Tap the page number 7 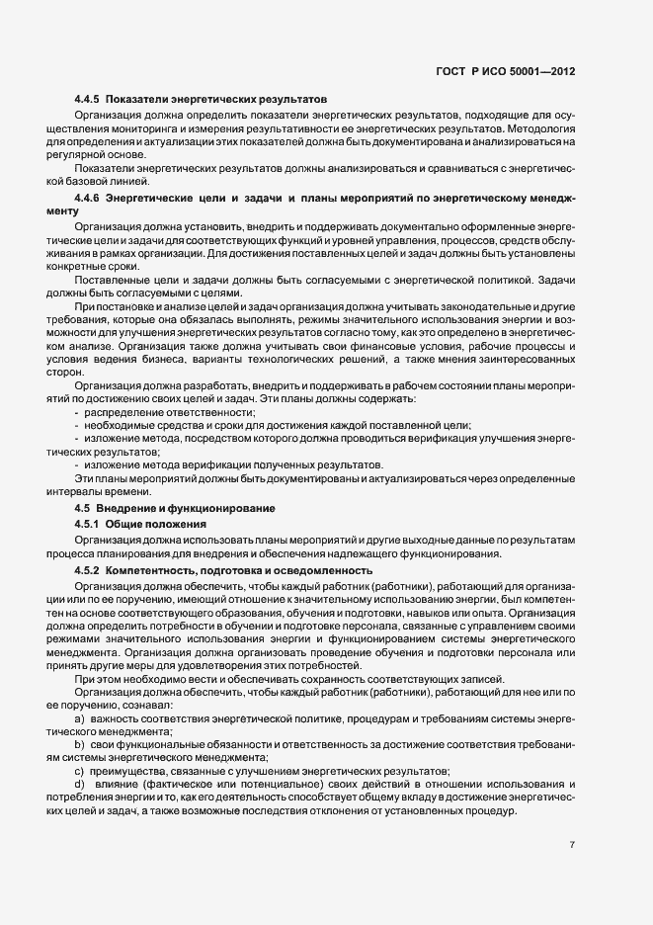click(x=572, y=845)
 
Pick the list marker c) click(x=78, y=771)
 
